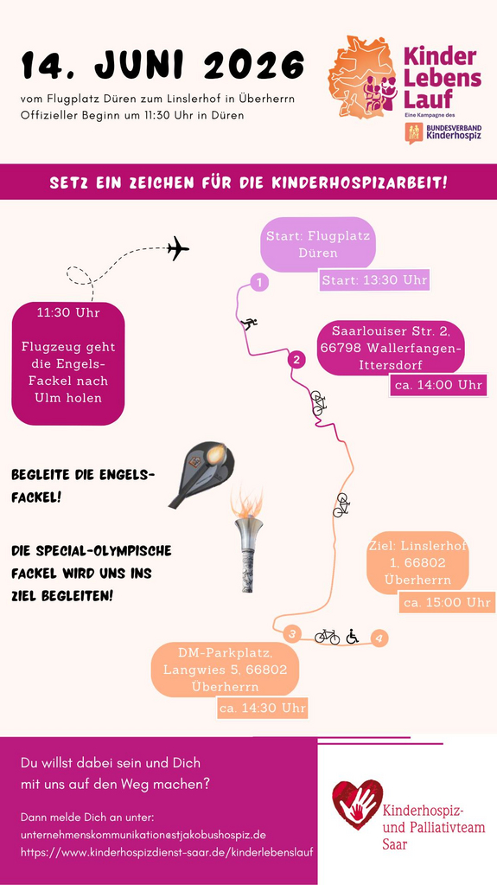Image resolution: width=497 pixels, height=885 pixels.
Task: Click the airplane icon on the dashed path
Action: point(178,248)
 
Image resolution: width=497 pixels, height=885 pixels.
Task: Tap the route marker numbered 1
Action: point(259,282)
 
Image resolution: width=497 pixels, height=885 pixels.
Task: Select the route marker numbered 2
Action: point(296,359)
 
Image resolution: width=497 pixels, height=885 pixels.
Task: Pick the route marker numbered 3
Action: point(292,634)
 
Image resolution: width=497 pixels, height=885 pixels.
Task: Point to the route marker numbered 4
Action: point(379,638)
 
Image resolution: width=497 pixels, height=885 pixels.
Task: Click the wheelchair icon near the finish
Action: point(352,636)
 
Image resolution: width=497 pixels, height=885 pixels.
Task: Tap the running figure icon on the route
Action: point(249,324)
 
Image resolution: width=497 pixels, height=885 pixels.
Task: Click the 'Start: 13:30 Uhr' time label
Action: point(374,280)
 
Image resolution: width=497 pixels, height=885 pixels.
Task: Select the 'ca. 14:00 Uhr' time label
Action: point(438,386)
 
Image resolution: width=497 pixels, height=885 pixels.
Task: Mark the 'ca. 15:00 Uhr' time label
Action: point(447,602)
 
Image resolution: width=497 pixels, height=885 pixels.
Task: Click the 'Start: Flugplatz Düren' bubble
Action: point(318,244)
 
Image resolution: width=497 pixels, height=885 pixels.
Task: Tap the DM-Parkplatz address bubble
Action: point(225,670)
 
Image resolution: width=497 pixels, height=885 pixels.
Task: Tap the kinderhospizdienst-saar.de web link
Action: point(167,852)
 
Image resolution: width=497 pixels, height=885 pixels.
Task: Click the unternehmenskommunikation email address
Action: point(143,834)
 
